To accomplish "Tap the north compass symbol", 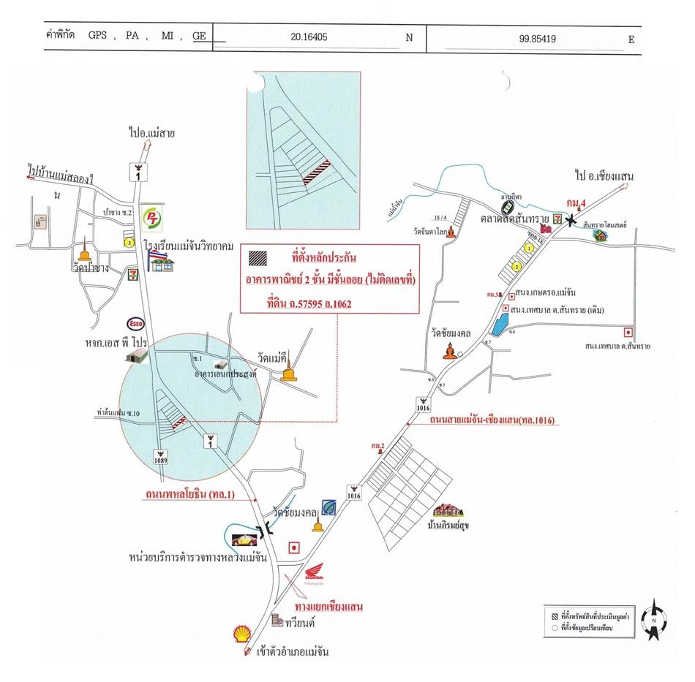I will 655,619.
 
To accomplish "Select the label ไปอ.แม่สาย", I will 151,134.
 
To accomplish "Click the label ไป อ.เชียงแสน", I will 604,176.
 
